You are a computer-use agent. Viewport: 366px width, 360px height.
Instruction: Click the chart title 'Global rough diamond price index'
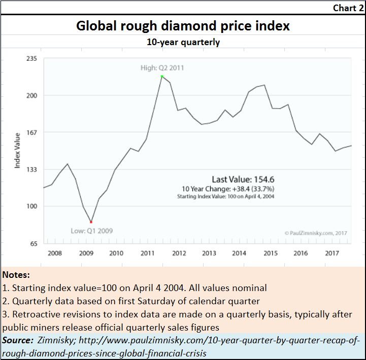[183, 26]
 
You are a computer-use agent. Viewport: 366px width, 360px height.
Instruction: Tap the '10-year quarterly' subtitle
[183, 42]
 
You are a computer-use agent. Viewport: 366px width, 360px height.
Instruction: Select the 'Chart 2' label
[348, 8]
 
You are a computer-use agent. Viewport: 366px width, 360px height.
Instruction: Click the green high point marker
[162, 77]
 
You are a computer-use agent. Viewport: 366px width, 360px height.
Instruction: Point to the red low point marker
[91, 222]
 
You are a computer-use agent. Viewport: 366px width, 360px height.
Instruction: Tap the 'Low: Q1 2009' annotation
[91, 231]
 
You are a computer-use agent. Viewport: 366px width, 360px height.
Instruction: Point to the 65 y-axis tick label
[33, 243]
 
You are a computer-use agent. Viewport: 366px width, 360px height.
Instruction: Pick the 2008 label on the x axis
[54, 253]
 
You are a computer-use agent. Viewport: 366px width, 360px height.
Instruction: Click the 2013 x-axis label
[209, 253]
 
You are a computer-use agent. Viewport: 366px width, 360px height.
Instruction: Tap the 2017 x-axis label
[332, 253]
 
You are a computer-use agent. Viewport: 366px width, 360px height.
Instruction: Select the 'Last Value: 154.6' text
[243, 179]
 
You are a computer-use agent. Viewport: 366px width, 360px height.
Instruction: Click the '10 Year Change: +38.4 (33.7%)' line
[243, 189]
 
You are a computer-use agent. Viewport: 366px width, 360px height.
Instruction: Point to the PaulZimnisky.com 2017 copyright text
[315, 233]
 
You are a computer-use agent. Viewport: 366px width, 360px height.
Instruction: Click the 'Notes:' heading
[16, 275]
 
